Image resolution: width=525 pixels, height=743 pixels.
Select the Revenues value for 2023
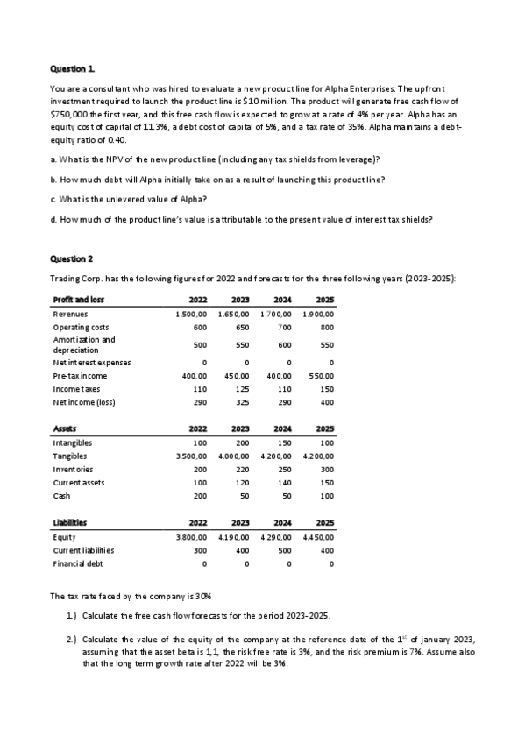233,314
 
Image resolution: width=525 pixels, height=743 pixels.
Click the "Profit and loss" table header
77,300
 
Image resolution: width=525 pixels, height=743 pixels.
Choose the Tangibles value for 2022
191,456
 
